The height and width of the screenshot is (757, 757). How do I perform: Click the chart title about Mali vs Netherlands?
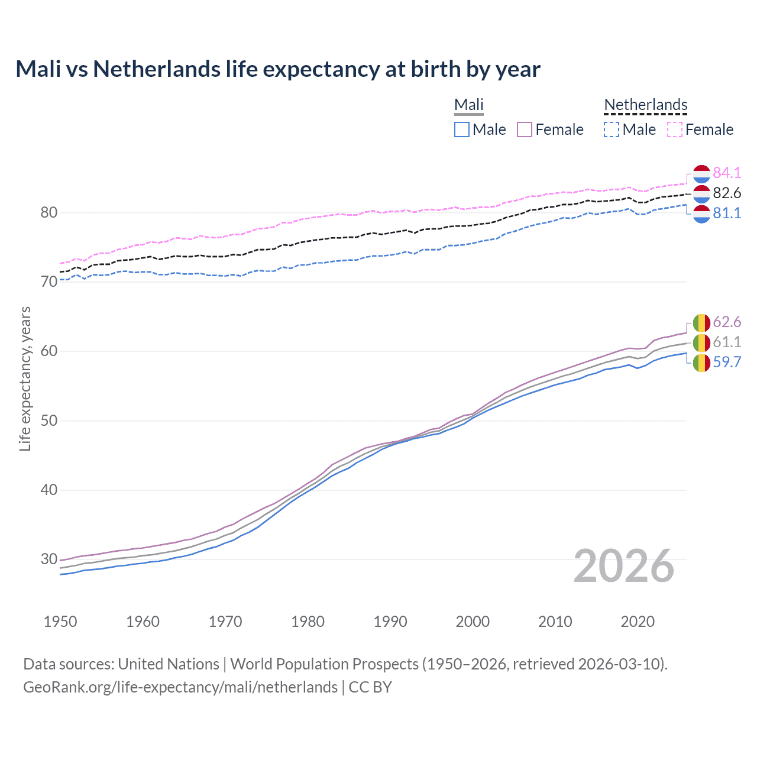point(278,69)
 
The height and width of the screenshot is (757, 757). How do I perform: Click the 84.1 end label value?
point(727,173)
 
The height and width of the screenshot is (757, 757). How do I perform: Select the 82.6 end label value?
point(727,193)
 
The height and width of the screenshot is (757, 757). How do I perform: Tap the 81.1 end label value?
point(727,213)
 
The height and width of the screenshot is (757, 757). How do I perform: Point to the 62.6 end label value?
point(727,322)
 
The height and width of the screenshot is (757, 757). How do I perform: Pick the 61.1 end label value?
point(727,342)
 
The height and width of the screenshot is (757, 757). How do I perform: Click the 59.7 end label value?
point(727,362)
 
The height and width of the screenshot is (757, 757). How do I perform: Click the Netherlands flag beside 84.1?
point(701,173)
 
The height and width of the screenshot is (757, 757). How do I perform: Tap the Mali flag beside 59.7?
point(701,363)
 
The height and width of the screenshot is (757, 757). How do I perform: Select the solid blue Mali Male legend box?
point(462,130)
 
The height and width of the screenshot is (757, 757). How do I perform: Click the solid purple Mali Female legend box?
point(525,130)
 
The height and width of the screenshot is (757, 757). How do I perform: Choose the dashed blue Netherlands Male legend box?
point(612,130)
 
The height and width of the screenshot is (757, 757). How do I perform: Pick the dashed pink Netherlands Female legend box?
point(675,130)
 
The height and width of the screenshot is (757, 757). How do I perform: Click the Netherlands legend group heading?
point(645,105)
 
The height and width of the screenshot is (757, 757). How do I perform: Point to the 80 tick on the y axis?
point(48,213)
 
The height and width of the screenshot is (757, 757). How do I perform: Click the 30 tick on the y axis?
point(48,559)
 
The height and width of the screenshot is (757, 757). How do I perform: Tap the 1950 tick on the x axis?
point(60,622)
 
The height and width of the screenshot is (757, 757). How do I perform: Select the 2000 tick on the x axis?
point(473,622)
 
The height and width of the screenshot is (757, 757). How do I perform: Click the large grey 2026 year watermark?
point(624,566)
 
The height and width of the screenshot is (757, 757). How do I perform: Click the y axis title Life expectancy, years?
point(25,378)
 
